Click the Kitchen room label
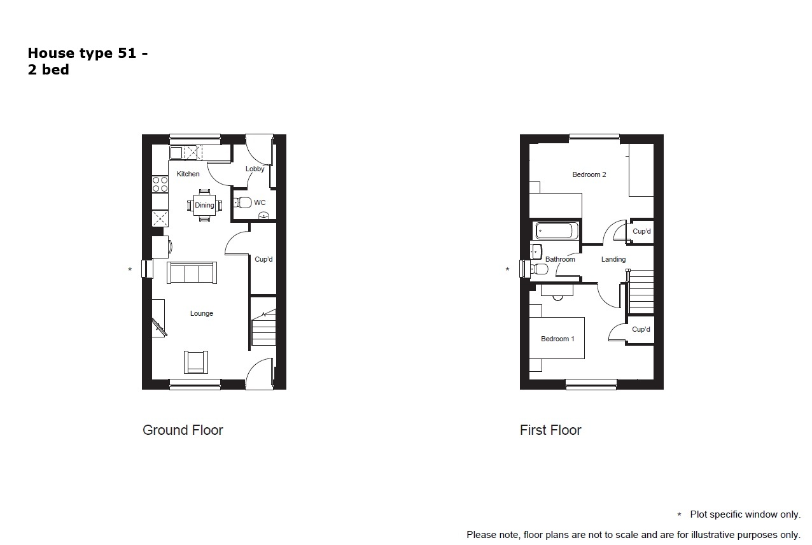pos(188,174)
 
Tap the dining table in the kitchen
pos(204,205)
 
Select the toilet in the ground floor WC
pos(242,202)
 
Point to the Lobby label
pos(255,169)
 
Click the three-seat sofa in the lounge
pos(192,272)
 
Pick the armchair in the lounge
pos(196,362)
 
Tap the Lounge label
pos(202,313)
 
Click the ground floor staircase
pos(264,327)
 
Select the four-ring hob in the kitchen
pos(160,184)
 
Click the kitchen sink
pos(176,153)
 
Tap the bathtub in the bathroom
pos(557,230)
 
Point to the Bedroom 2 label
pos(589,175)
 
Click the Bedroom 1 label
pos(557,339)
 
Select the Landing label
pos(613,259)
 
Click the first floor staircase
pos(641,292)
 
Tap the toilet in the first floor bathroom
pos(539,269)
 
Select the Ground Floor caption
pos(183,430)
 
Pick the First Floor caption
pos(550,430)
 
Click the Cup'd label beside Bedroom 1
pos(641,329)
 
